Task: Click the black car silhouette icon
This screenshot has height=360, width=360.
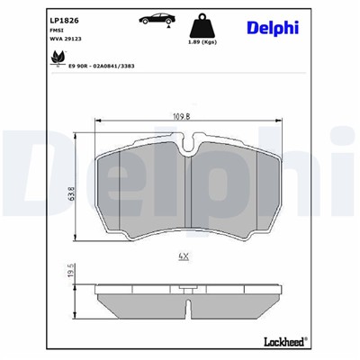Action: coord(154,19)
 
